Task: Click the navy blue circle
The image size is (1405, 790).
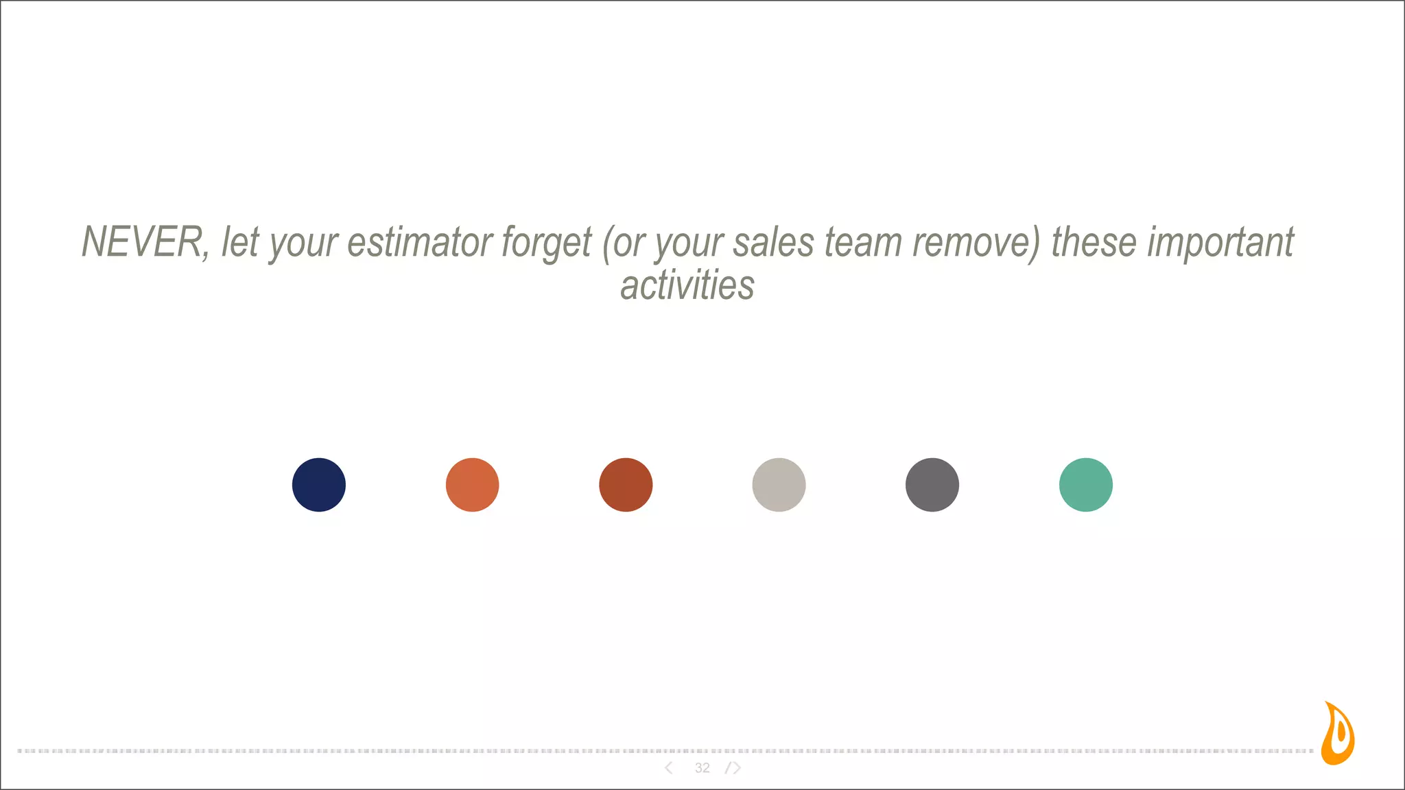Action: [319, 485]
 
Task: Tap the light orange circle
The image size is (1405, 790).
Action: [472, 485]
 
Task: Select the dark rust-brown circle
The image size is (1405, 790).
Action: [626, 485]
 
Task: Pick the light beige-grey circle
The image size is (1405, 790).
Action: [779, 485]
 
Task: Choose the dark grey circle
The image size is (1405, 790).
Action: [932, 485]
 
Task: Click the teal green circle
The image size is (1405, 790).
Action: [1086, 485]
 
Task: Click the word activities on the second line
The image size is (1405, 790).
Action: [687, 285]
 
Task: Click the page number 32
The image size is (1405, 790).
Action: [702, 768]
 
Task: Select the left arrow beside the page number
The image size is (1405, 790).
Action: [669, 768]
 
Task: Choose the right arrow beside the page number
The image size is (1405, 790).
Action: [735, 768]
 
